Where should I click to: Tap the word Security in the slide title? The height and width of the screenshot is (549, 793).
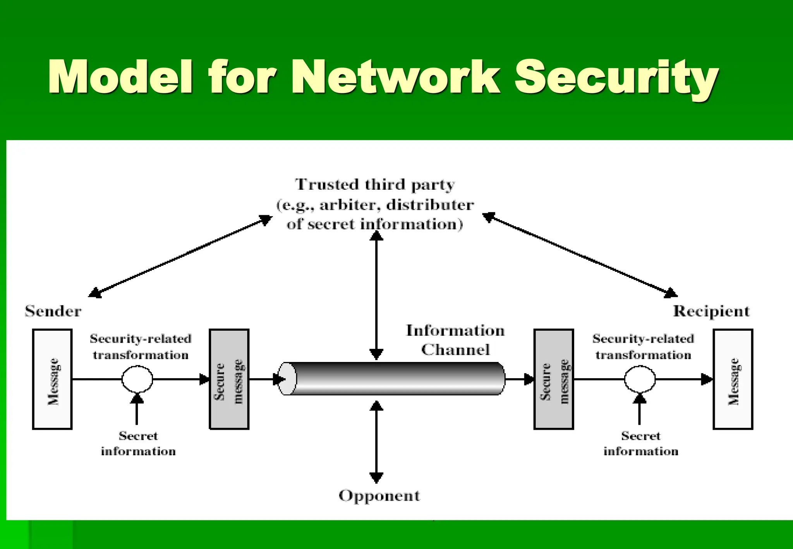(616, 77)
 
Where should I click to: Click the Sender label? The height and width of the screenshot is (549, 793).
(53, 311)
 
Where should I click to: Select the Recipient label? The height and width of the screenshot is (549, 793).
(711, 311)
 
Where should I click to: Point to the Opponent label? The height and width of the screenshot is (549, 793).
(379, 496)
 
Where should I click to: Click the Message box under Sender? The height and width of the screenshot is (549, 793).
(52, 379)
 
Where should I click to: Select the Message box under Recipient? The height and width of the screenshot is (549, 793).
(733, 379)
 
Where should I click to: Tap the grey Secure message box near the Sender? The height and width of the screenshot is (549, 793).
(229, 379)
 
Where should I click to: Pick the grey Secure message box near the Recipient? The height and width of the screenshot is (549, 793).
(553, 379)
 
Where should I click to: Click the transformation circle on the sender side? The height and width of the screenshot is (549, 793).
(137, 379)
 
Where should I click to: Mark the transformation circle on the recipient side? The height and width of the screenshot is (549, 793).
(640, 379)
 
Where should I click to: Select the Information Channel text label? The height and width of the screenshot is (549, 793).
(455, 340)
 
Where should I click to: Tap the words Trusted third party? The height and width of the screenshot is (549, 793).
(375, 185)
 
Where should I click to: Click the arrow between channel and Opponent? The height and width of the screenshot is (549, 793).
(376, 441)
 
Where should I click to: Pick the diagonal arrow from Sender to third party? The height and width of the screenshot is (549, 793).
(180, 256)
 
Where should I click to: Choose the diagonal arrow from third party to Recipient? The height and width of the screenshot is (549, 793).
(580, 256)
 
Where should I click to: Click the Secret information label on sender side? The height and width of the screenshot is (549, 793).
(138, 444)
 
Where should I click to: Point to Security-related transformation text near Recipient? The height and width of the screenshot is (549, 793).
(643, 347)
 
